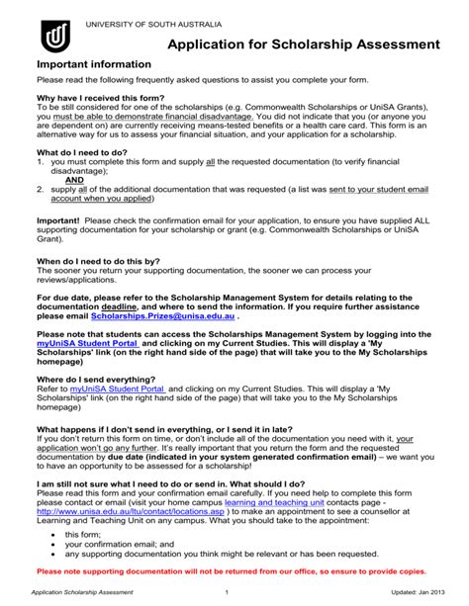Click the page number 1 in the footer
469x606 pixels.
(227, 592)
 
